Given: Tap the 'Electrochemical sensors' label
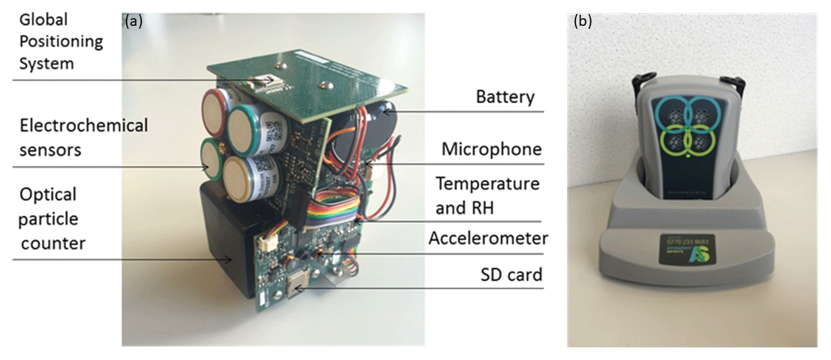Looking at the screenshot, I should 74,137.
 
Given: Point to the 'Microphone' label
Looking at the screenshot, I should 491,149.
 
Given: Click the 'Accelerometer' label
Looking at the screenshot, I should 488,239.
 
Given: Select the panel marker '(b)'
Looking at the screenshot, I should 582,21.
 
